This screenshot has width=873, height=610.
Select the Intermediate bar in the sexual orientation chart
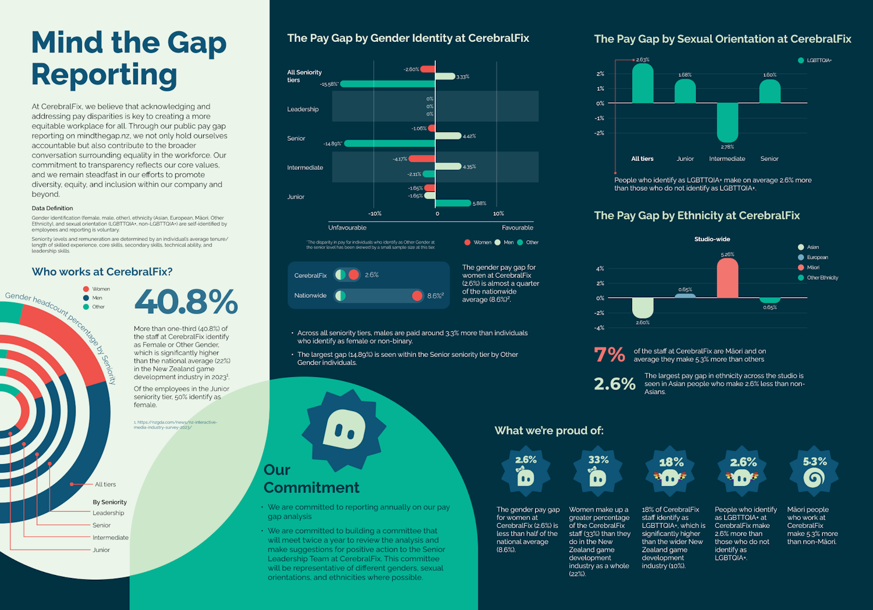[727, 122]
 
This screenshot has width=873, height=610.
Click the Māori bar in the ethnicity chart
[727, 278]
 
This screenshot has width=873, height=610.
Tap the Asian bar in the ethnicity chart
[643, 307]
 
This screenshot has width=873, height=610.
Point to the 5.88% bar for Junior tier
[453, 203]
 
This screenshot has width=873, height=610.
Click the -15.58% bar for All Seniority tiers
[388, 84]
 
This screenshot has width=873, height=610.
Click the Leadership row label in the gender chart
[303, 109]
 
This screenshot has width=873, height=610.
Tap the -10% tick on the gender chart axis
[375, 213]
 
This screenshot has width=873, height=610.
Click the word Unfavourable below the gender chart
[347, 228]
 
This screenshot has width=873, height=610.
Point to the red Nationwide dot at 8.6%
[417, 296]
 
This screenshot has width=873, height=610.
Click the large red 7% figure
[609, 355]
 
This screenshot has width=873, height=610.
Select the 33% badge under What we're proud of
[598, 472]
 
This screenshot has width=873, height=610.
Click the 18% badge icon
[670, 472]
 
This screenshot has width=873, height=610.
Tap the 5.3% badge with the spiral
[814, 472]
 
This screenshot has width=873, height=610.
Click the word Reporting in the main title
[104, 75]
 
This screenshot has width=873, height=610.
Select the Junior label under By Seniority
[101, 550]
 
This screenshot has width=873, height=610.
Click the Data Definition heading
[52, 208]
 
